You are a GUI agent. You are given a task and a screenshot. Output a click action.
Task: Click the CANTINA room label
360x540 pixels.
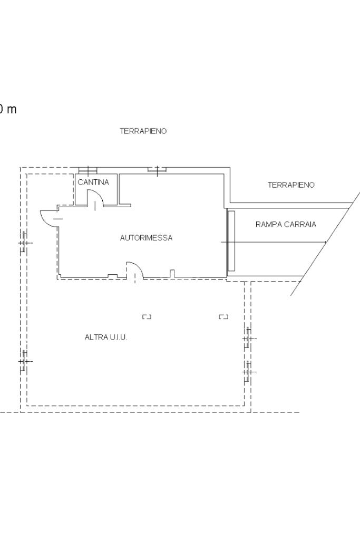tap(93, 182)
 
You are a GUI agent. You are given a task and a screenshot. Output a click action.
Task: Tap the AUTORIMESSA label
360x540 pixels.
tap(147, 238)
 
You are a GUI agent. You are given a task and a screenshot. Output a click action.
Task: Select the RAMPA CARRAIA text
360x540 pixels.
tap(286, 225)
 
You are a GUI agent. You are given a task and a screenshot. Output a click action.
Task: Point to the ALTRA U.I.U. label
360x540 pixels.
tap(106, 337)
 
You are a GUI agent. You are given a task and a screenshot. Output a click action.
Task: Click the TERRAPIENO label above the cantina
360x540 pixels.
tap(143, 131)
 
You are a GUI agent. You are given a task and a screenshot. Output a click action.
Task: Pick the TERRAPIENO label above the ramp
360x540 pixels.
tap(291, 185)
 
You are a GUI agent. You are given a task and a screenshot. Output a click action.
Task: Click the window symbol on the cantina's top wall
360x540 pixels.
tap(88, 170)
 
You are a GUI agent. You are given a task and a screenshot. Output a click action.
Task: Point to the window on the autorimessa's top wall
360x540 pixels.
tap(157, 170)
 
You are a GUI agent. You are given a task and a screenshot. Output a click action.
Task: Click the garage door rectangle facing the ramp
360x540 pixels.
tap(231, 240)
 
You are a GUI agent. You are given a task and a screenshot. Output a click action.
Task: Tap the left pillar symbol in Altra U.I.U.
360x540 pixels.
tap(147, 317)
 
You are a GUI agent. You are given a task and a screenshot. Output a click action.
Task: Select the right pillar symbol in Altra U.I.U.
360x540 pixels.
tap(223, 317)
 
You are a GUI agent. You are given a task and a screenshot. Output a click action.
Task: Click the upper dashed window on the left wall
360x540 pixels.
tap(24, 243)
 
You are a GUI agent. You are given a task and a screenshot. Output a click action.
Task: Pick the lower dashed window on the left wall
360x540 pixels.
tap(24, 361)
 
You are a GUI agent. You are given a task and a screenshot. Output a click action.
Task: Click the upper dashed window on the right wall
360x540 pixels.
tap(248, 339)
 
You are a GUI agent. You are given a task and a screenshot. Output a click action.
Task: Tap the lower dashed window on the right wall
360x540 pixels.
tap(248, 372)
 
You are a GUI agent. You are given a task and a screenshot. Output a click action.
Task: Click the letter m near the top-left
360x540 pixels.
tap(12, 110)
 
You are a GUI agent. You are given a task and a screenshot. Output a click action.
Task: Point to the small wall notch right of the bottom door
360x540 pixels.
tap(172, 274)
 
